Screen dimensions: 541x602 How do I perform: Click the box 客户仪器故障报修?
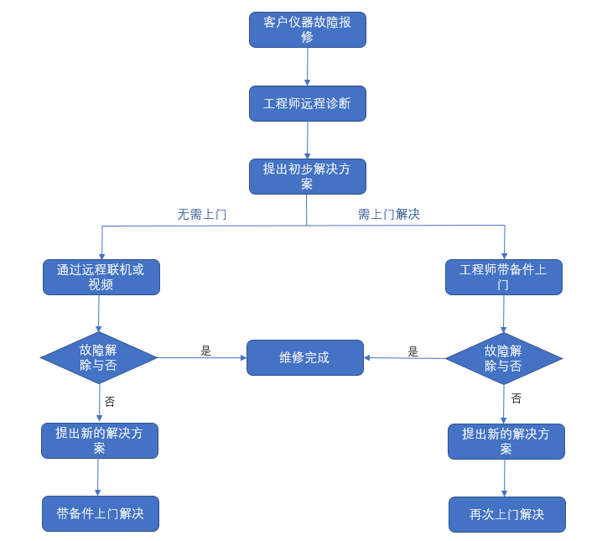point(307,29)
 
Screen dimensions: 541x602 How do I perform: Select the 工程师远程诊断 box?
point(307,103)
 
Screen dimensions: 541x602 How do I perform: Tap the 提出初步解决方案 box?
point(307,176)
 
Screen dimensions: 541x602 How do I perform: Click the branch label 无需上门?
point(201,215)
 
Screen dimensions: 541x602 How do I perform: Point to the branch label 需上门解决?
point(388,215)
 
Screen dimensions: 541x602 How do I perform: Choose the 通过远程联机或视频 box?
point(101,277)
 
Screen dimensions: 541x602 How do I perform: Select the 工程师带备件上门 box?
point(503,277)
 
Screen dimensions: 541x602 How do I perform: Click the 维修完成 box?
point(304,357)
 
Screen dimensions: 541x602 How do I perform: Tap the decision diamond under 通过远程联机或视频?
point(99,357)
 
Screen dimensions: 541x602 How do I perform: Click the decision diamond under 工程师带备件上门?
point(503,358)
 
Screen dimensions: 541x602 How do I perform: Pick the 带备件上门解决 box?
point(100,513)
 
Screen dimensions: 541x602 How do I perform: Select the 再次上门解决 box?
point(506,514)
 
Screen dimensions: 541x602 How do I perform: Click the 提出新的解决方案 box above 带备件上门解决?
point(99,440)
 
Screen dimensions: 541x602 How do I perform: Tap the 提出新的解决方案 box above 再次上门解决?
point(506,441)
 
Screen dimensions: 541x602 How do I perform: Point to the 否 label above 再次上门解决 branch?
point(516,398)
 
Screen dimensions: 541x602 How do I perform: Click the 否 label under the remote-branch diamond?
point(110,402)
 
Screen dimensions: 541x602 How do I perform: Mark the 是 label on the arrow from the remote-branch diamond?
point(206,351)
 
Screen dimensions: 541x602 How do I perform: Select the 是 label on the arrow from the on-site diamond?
point(413,351)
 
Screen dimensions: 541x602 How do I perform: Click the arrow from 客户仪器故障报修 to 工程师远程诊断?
point(308,66)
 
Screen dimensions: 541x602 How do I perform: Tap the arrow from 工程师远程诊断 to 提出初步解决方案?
point(308,139)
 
